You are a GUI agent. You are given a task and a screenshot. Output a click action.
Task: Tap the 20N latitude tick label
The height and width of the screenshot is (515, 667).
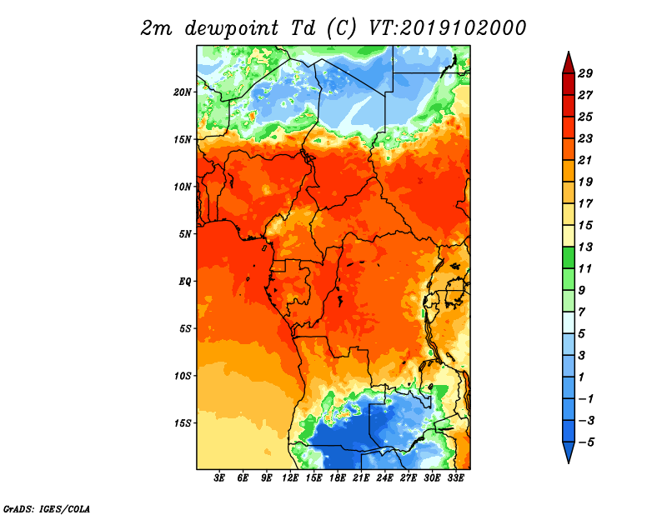183,92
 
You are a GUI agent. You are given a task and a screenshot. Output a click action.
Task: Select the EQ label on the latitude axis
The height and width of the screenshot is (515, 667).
185,281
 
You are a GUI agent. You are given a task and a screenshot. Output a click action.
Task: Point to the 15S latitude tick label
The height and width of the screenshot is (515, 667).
183,422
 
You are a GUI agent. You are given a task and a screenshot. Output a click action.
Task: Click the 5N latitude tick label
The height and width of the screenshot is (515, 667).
185,234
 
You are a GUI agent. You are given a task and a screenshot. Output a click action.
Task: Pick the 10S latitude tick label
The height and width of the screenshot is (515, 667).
183,376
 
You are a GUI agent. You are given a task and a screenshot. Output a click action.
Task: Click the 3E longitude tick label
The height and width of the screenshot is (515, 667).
220,479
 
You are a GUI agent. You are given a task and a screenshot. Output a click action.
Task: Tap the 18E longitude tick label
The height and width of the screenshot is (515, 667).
338,479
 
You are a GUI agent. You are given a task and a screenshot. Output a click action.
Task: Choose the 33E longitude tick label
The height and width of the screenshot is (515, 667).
455,479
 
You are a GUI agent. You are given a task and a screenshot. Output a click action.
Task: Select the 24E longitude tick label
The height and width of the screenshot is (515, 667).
384,479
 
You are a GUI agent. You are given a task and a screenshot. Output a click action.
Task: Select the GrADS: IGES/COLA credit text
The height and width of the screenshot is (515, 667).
46,507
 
